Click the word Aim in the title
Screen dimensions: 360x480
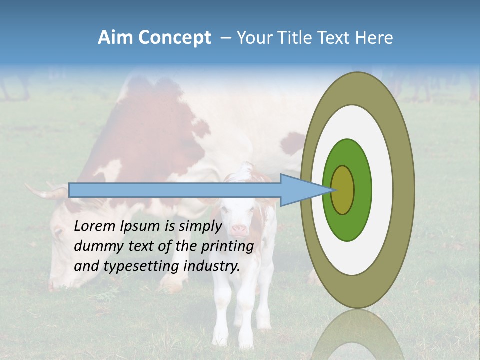coord(116,38)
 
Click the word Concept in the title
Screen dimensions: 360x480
coord(175,38)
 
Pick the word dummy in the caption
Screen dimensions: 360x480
coord(95,246)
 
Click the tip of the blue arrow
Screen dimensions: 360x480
coord(332,190)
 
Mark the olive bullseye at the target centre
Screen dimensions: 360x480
coord(343,190)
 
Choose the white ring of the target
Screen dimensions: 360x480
coord(382,190)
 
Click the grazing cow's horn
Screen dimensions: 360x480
coord(45,192)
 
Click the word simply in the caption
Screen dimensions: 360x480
coord(200,226)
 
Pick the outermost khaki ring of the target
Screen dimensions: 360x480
coord(405,190)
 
